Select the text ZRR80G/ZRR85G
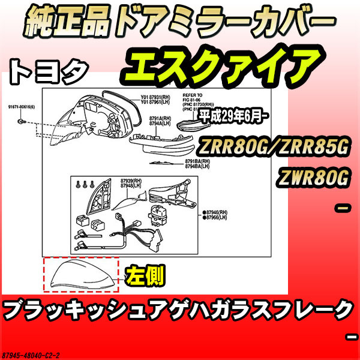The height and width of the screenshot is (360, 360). [x=281, y=147]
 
